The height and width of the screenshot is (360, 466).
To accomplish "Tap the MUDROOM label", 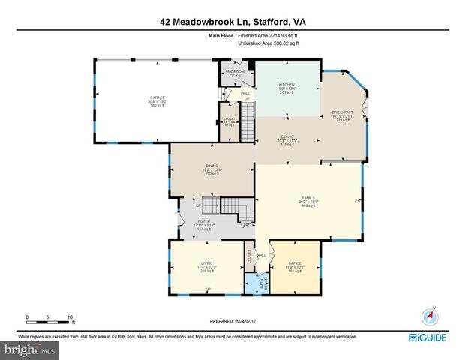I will (235, 71).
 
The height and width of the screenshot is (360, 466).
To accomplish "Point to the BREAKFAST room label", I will (342, 112).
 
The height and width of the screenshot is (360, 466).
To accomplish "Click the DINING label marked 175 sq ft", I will (288, 136).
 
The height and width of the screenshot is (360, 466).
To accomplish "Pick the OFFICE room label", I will (294, 263).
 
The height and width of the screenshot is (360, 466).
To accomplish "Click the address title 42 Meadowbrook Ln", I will (232, 23).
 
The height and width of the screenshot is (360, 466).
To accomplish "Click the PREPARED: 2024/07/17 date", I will (232, 320).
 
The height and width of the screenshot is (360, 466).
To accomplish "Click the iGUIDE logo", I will (435, 338).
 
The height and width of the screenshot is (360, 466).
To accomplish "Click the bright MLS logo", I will (30, 349).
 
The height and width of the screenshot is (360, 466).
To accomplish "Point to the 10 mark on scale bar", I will (70, 316).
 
